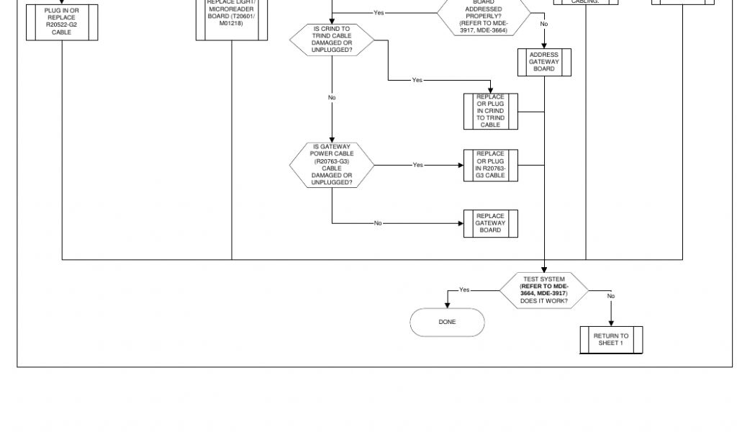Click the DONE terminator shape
click(x=447, y=322)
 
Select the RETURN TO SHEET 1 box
click(x=611, y=339)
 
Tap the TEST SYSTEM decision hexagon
click(x=543, y=290)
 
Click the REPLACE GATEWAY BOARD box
click(x=490, y=223)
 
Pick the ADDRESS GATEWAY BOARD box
click(x=544, y=62)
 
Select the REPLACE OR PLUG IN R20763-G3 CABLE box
click(x=490, y=165)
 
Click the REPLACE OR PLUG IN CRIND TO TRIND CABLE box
click(x=490, y=111)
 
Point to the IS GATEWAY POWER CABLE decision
click(x=332, y=165)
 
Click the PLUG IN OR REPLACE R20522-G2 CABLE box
click(x=62, y=22)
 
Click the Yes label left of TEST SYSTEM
click(x=464, y=290)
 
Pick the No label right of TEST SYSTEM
click(x=610, y=296)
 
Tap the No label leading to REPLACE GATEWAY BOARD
click(x=378, y=223)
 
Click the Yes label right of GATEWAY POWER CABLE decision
click(x=417, y=165)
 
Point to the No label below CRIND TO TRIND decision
click(x=332, y=97)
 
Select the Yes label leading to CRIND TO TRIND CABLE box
click(x=417, y=80)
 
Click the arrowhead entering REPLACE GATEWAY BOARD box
click(x=461, y=223)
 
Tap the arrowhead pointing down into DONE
click(x=447, y=305)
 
